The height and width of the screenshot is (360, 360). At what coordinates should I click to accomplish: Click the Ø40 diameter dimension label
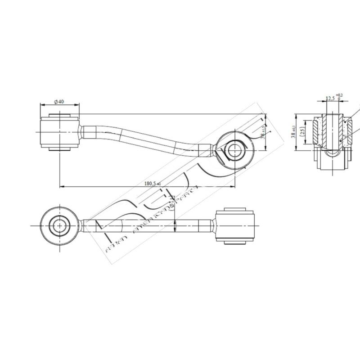click(x=59, y=102)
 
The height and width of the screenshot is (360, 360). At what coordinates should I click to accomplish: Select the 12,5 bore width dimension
click(x=330, y=98)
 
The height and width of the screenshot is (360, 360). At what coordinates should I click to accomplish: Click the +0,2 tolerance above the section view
click(x=339, y=95)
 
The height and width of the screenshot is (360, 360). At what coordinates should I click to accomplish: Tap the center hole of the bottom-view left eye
click(x=58, y=225)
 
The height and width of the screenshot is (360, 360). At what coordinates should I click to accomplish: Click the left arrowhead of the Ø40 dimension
click(x=42, y=105)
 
